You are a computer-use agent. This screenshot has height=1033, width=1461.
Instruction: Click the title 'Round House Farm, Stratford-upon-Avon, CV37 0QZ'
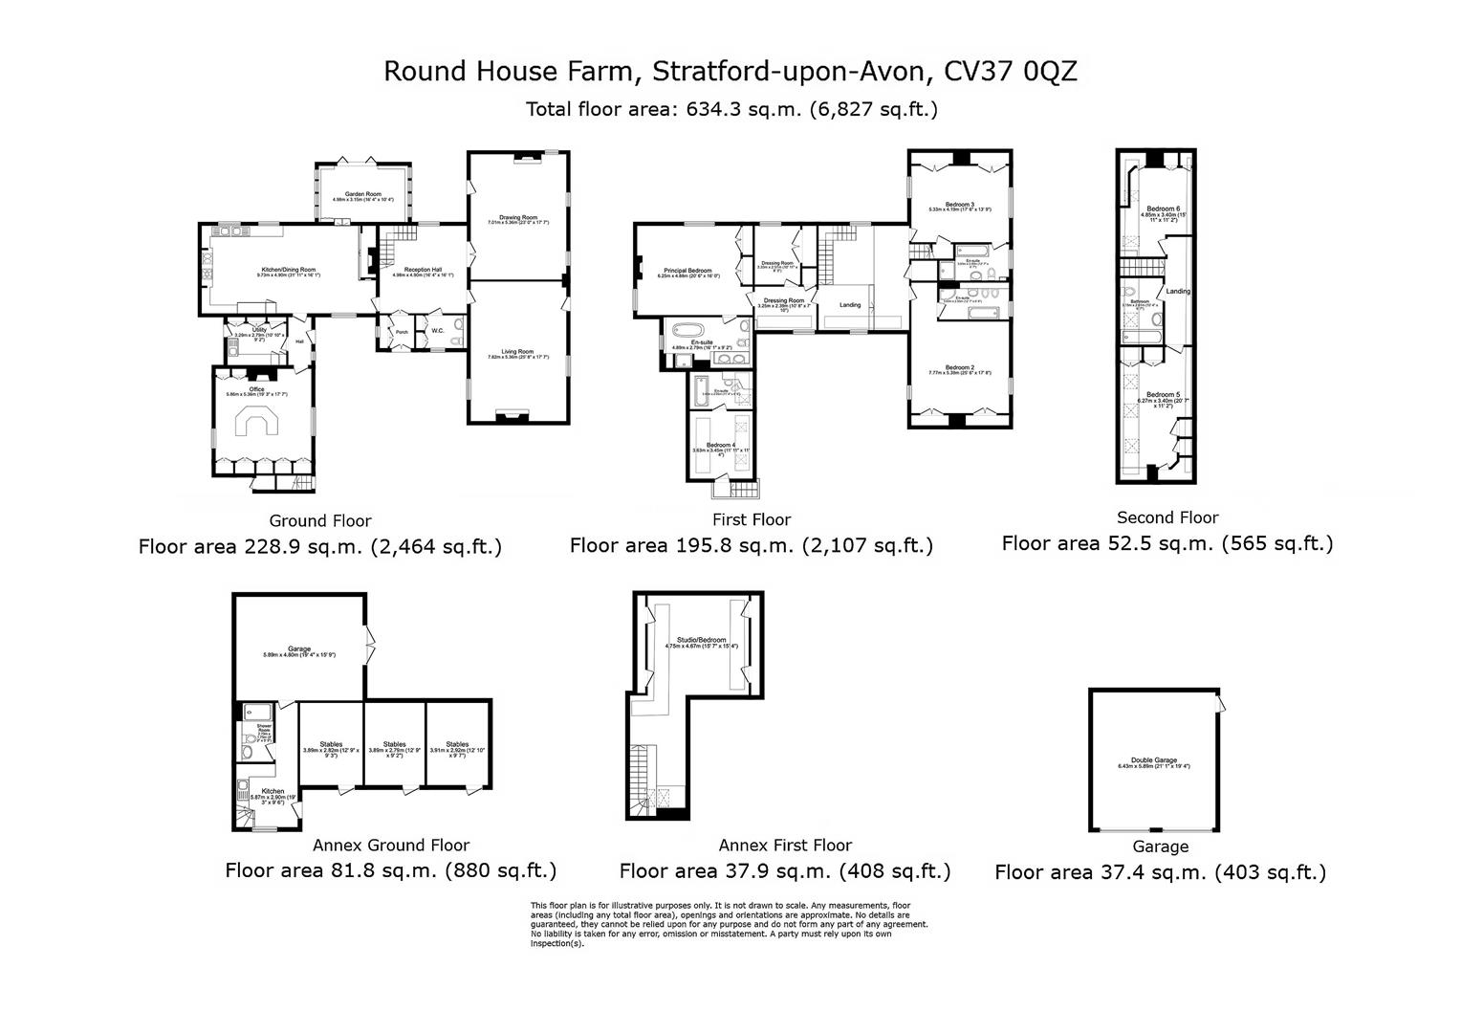tap(730, 71)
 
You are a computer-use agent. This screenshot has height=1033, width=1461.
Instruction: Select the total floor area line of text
tap(730, 109)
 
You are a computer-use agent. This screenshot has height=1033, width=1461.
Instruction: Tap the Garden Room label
tap(363, 194)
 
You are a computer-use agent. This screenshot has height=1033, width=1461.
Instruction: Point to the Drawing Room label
tap(518, 217)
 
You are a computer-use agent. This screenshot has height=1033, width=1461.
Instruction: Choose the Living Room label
tap(517, 352)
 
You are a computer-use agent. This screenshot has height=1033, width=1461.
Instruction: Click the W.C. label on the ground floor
tap(437, 331)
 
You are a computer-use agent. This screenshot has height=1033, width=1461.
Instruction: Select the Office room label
tap(256, 389)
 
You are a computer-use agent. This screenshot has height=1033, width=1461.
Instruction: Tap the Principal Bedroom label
tap(685, 271)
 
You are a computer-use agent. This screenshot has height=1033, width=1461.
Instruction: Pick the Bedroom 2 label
tap(959, 367)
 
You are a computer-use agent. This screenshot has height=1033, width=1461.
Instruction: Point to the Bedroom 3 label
tap(959, 205)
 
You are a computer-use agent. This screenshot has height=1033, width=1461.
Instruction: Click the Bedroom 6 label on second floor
tap(1164, 209)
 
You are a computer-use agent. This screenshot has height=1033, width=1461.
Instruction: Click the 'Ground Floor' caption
tap(319, 521)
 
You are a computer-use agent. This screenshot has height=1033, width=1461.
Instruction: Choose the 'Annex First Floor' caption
tap(784, 846)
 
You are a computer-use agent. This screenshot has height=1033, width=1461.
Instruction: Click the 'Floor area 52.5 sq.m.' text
tap(1167, 543)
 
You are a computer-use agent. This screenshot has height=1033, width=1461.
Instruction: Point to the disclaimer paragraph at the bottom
tap(729, 924)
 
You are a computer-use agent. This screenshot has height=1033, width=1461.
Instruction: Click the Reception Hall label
tap(423, 271)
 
